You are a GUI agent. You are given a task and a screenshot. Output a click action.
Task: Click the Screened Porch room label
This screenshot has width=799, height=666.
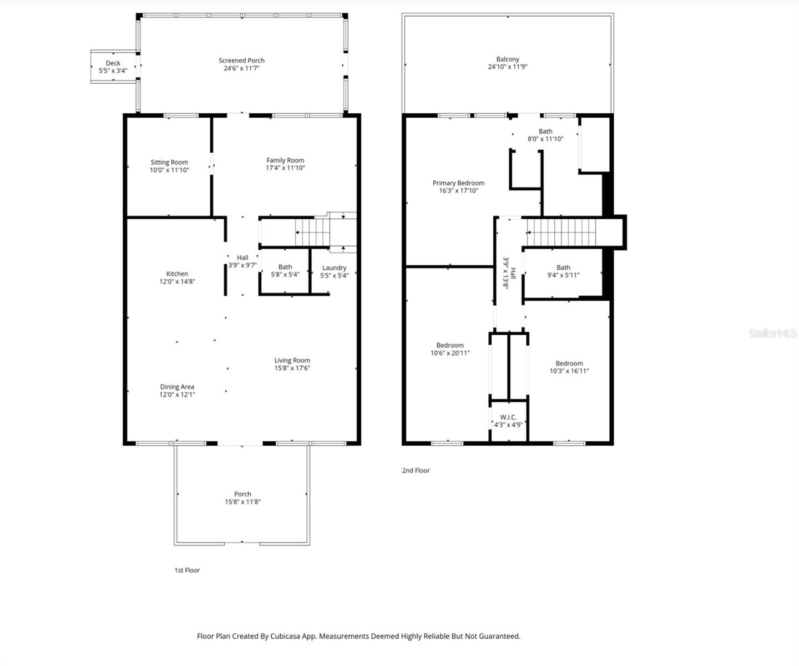click(x=241, y=60)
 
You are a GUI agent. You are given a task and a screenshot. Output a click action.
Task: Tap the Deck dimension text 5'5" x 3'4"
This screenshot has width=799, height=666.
click(x=113, y=70)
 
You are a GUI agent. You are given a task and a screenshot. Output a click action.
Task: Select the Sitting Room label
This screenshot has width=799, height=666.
click(x=169, y=162)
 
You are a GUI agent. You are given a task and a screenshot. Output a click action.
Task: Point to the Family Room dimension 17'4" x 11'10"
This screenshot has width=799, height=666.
click(x=285, y=168)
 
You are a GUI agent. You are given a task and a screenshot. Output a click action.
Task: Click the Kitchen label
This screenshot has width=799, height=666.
click(x=177, y=274)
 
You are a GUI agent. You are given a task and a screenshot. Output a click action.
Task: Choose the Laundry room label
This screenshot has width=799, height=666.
click(x=334, y=268)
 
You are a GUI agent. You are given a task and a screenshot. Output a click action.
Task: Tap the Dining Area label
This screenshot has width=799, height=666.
click(x=177, y=387)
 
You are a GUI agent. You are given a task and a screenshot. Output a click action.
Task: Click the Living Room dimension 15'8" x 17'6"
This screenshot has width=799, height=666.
click(x=292, y=368)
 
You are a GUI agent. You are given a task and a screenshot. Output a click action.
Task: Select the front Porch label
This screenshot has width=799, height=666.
click(x=242, y=494)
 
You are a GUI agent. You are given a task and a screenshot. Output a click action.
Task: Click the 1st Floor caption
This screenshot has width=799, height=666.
click(x=187, y=570)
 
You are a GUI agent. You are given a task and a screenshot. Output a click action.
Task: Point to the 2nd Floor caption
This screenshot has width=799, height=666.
click(x=416, y=471)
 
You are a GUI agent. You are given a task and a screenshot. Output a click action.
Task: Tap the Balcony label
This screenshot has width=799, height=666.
click(x=508, y=59)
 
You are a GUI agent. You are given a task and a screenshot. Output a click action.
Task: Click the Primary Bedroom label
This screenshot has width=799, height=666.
click(x=458, y=183)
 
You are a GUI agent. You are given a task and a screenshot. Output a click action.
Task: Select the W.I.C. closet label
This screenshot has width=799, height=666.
click(x=508, y=417)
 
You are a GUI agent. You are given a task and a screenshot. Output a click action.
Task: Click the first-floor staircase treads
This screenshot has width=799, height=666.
click(x=312, y=232)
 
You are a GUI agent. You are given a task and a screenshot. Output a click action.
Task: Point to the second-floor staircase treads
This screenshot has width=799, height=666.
click(x=562, y=233)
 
